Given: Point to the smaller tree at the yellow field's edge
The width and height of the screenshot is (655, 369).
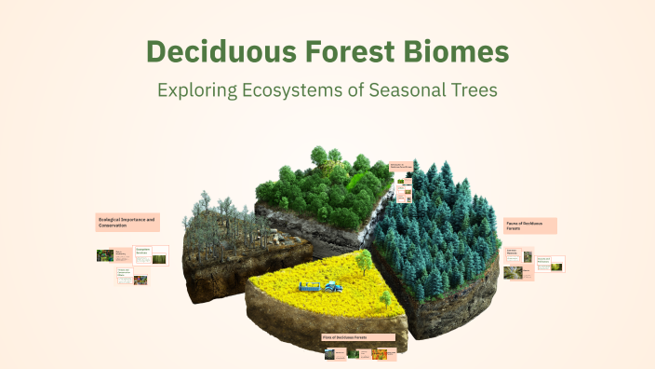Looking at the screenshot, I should (384, 298).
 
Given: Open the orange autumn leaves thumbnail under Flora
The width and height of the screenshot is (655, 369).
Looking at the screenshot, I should (380, 353).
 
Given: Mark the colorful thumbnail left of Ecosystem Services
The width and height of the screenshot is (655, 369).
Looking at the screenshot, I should (105, 254).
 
